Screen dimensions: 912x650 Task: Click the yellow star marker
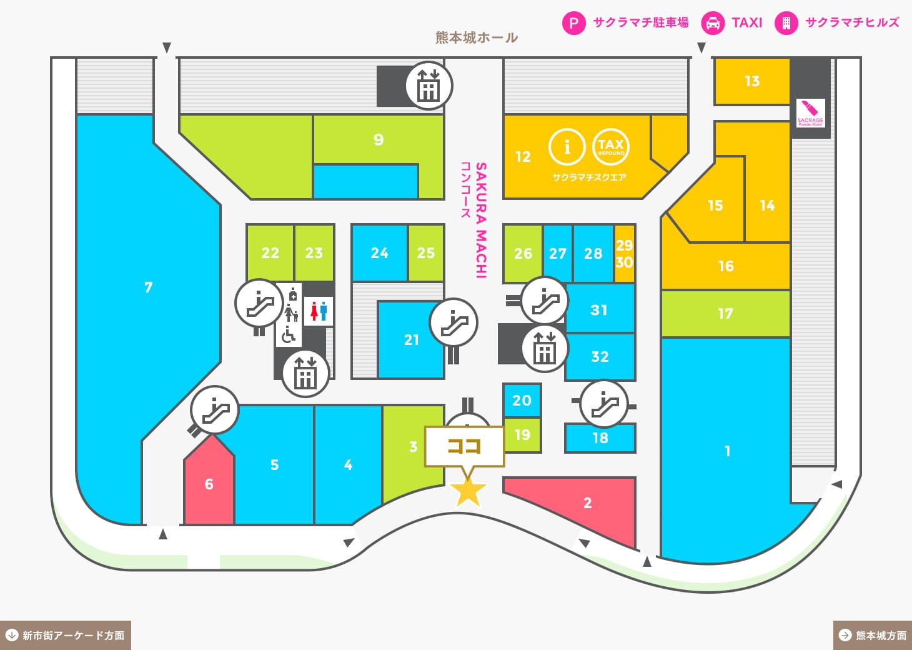(x=468, y=492)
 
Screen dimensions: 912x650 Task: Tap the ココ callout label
(x=465, y=447)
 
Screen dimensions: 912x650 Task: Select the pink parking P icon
(x=573, y=22)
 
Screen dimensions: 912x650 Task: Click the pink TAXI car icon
(x=713, y=22)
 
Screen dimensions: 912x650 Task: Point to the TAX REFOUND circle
(x=611, y=147)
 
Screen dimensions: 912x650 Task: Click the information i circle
(x=567, y=147)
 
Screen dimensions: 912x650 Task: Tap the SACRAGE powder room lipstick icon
(x=811, y=113)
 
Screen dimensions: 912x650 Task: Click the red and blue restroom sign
(x=319, y=311)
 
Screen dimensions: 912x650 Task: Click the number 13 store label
(x=752, y=81)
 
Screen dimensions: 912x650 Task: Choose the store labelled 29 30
(x=624, y=253)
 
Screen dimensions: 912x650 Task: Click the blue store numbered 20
(x=522, y=401)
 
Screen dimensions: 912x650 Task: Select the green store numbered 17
(x=725, y=314)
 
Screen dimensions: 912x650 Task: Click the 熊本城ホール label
(x=477, y=38)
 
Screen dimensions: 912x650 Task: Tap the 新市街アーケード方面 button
(x=66, y=636)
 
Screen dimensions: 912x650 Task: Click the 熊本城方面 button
(x=873, y=636)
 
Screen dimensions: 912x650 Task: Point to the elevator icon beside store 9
(x=429, y=86)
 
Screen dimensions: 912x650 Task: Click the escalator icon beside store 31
(x=544, y=300)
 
